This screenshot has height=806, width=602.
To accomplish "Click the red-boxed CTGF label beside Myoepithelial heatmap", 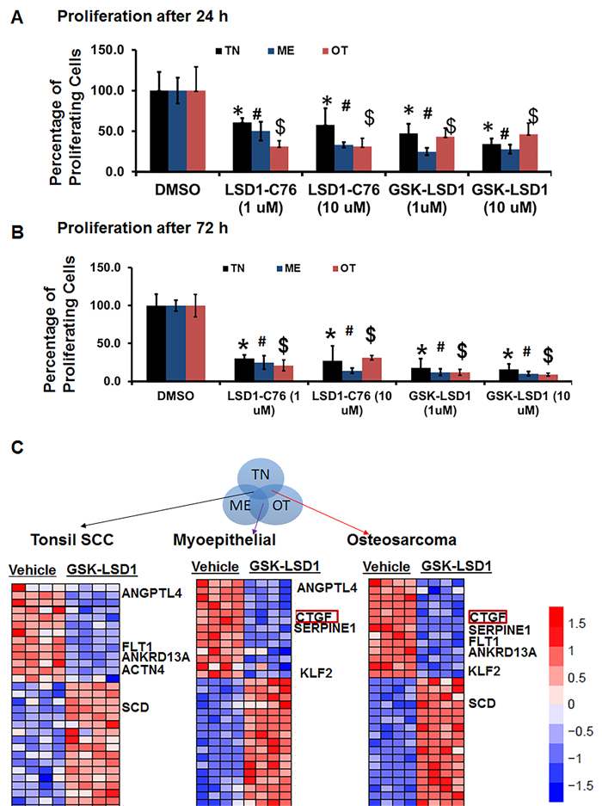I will pyautogui.click(x=312, y=617).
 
